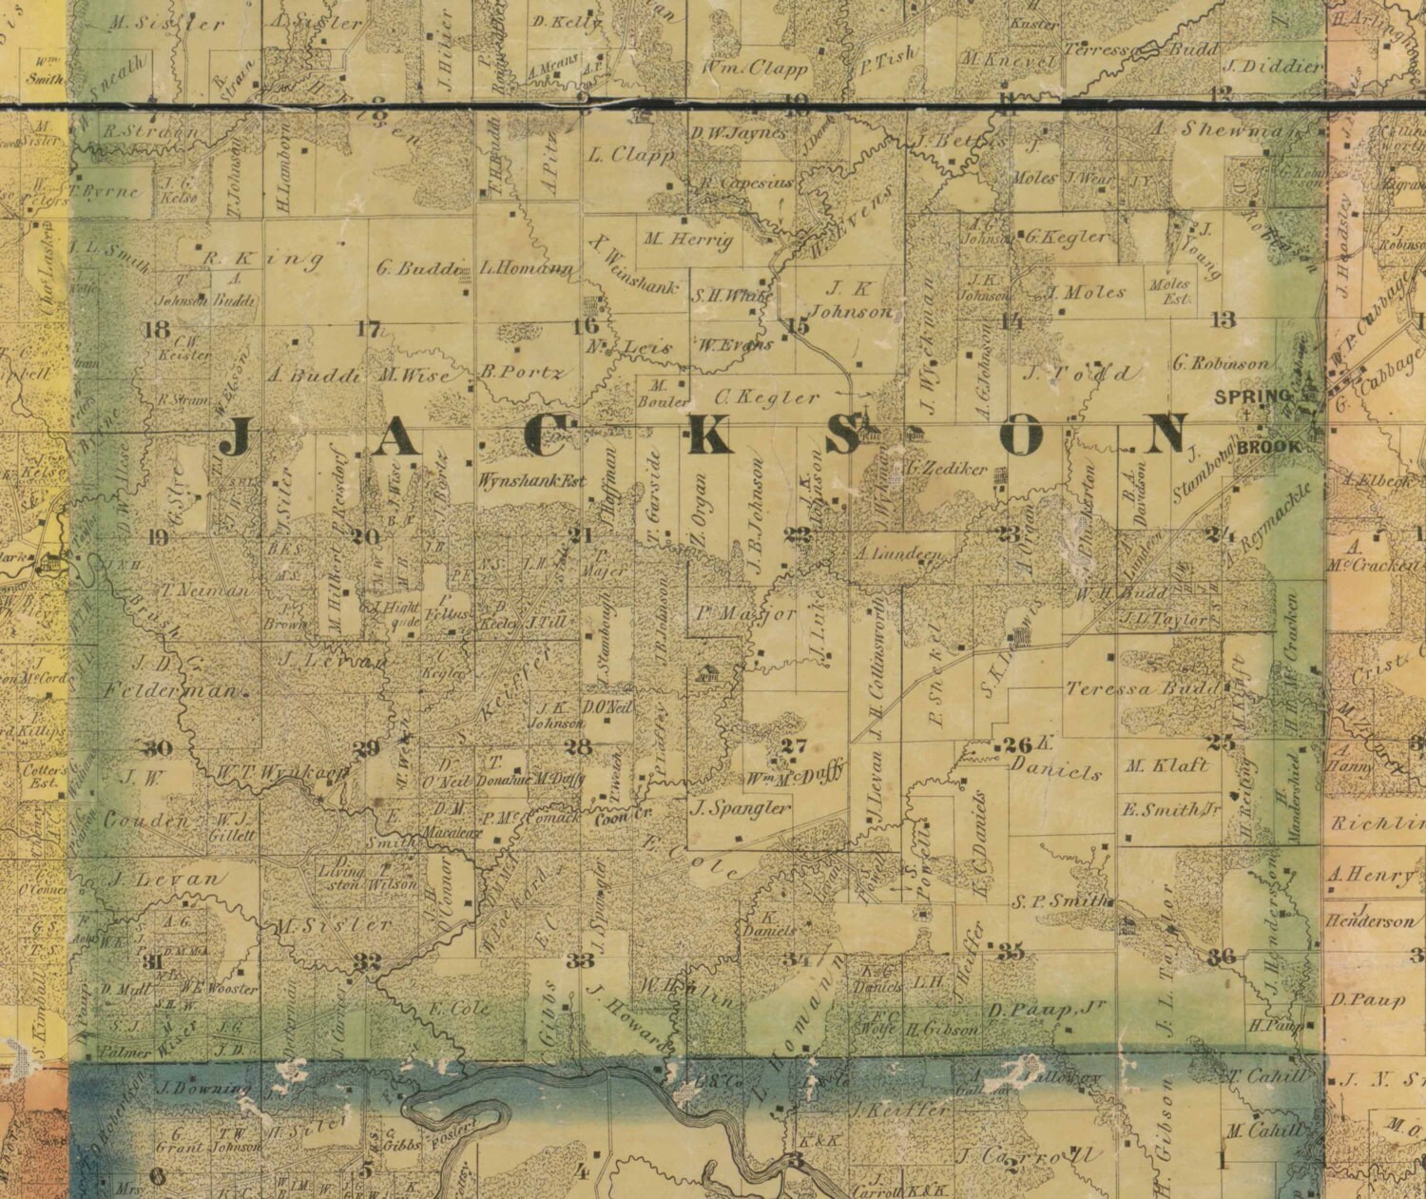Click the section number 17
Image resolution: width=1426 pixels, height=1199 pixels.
[x=368, y=330]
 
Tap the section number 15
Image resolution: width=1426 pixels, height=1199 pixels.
[x=798, y=326]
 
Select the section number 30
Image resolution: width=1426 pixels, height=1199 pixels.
[x=158, y=746]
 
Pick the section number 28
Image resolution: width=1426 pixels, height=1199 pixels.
[x=577, y=746]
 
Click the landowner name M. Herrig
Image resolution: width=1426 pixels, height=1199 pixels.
[x=689, y=240]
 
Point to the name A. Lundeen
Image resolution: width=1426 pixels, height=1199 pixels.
[x=898, y=553]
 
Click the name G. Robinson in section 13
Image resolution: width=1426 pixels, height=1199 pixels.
[x=1221, y=362]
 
